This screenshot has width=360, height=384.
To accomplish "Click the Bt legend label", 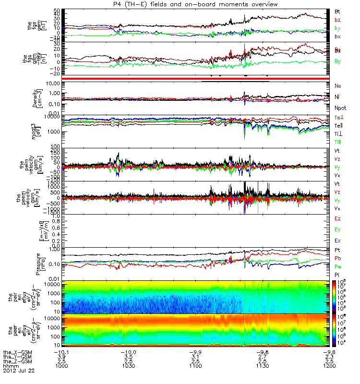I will click(x=337, y=11).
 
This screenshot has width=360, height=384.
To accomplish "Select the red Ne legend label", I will click(x=338, y=85).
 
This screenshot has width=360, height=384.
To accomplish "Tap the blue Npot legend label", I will click(x=340, y=108).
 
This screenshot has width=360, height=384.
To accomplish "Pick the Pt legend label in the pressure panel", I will click(x=337, y=250).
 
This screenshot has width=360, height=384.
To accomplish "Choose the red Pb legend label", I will click(x=337, y=258).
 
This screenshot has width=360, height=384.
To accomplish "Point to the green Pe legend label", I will click(x=337, y=265).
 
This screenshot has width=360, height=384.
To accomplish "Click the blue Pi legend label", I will click(x=337, y=274).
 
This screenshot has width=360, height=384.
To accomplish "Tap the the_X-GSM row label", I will click(x=17, y=351).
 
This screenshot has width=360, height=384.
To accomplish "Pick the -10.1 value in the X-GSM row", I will click(x=65, y=351).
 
